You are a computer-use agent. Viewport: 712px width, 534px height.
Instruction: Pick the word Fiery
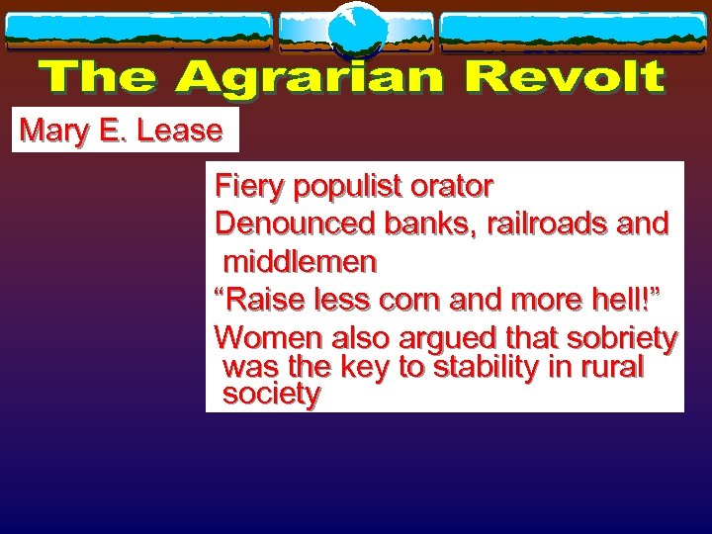[247, 187]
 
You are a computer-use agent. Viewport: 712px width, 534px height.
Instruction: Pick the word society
[272, 395]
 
